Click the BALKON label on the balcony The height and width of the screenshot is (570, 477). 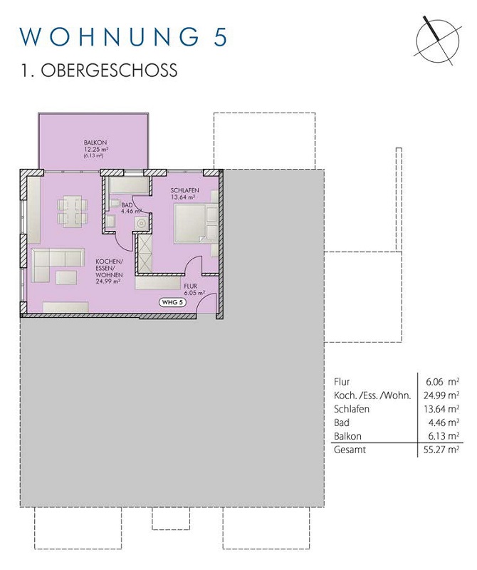pyautogui.click(x=95, y=143)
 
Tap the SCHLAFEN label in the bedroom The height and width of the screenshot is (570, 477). pyautogui.click(x=184, y=190)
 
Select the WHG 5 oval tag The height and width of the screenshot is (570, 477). pyautogui.click(x=172, y=302)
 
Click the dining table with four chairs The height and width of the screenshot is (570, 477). pyautogui.click(x=73, y=212)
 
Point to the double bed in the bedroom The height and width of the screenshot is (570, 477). pyautogui.click(x=196, y=223)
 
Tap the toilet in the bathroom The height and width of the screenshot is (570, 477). pyautogui.click(x=115, y=203)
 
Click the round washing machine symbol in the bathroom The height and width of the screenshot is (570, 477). pyautogui.click(x=141, y=223)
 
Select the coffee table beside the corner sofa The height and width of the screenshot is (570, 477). pyautogui.click(x=66, y=277)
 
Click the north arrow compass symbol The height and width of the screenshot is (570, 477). pyautogui.click(x=437, y=41)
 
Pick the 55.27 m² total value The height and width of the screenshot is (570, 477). pyautogui.click(x=441, y=450)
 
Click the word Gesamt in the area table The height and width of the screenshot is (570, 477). pyautogui.click(x=350, y=450)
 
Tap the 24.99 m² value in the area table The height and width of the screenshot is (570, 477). pyautogui.click(x=441, y=395)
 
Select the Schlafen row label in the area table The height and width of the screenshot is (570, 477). pyautogui.click(x=351, y=409)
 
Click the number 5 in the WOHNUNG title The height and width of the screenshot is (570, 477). pyautogui.click(x=220, y=37)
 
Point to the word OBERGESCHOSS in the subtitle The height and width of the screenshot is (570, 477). pyautogui.click(x=109, y=71)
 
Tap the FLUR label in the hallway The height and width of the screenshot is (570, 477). pyautogui.click(x=190, y=286)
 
